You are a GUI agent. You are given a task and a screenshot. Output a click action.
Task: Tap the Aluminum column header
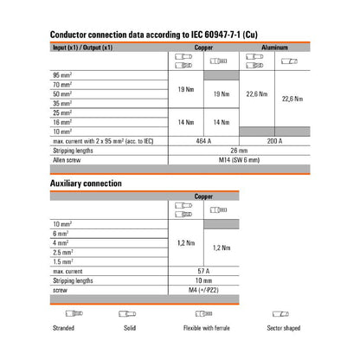pos(279,49)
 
